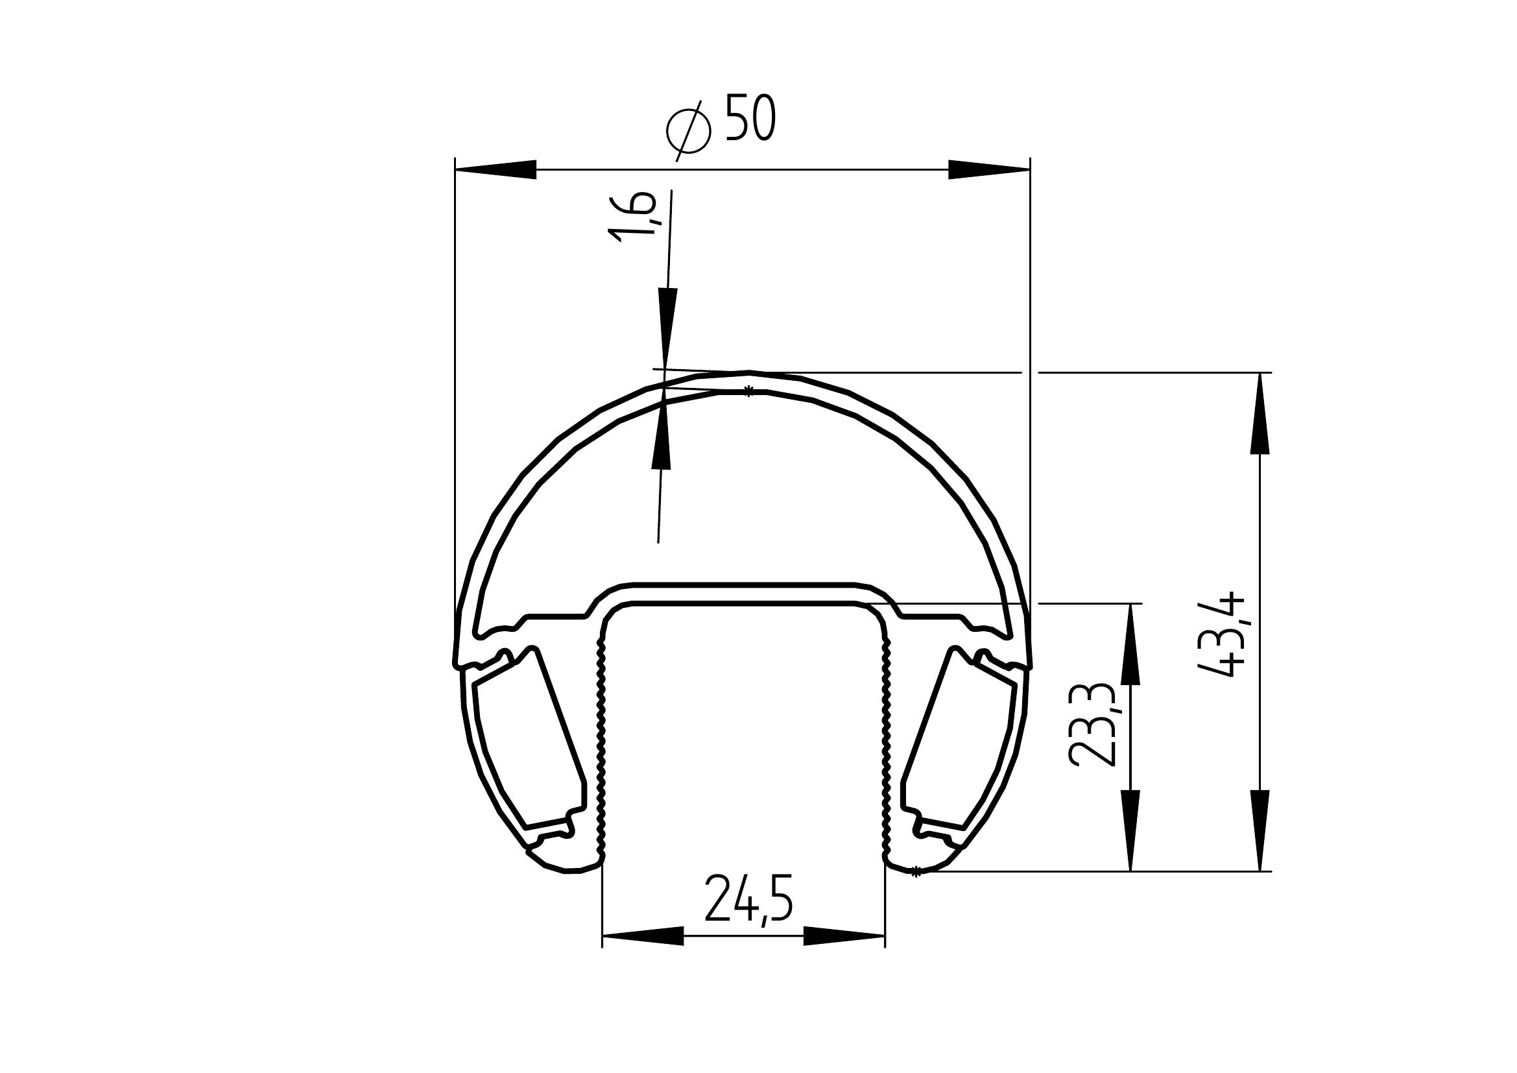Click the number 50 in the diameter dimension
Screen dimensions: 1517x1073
coord(750,117)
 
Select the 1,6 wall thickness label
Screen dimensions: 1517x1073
coord(632,217)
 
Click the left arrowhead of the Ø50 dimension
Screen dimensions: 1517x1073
coord(496,170)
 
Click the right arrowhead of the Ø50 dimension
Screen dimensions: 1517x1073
coord(989,170)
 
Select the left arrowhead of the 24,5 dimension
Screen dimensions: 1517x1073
coord(643,935)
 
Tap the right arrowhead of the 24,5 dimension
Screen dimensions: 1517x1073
coord(844,935)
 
